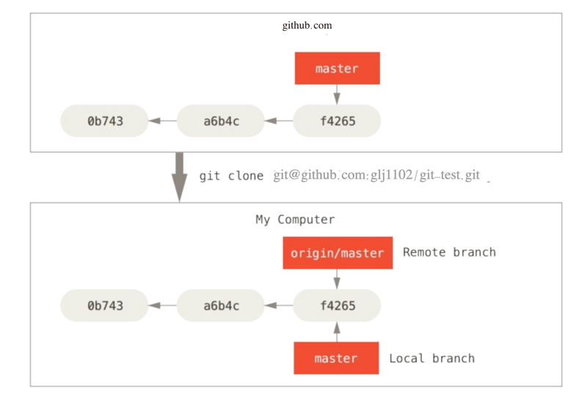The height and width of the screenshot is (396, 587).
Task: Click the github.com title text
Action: point(307,26)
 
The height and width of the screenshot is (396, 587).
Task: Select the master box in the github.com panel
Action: point(338,68)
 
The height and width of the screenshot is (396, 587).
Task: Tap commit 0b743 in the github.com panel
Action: point(104,121)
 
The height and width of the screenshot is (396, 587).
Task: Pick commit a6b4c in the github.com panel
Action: point(221,121)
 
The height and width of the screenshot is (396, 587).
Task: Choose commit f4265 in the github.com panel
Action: point(337,121)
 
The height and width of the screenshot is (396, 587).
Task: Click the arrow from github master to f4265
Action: point(337,95)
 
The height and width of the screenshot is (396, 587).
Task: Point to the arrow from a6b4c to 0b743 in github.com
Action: point(162,120)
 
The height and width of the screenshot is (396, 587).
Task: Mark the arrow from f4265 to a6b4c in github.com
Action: point(279,120)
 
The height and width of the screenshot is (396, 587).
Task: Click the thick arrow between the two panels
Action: point(180,177)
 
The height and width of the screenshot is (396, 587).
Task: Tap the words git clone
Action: point(231,175)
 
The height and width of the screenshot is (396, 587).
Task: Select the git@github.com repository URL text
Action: point(376,175)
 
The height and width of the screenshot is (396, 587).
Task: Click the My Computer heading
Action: point(295,219)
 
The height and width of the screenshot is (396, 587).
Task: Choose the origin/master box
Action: point(338,253)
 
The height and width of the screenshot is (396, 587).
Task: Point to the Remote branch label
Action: point(449,252)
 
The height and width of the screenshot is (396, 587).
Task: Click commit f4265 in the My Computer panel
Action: point(337,305)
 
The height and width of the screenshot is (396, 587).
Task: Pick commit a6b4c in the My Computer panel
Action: point(221,305)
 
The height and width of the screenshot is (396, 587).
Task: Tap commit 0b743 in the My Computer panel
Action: point(104,305)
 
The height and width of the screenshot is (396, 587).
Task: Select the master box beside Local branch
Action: point(336,358)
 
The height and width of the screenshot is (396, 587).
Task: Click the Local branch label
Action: point(431,358)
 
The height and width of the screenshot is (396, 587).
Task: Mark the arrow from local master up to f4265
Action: point(337,331)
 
